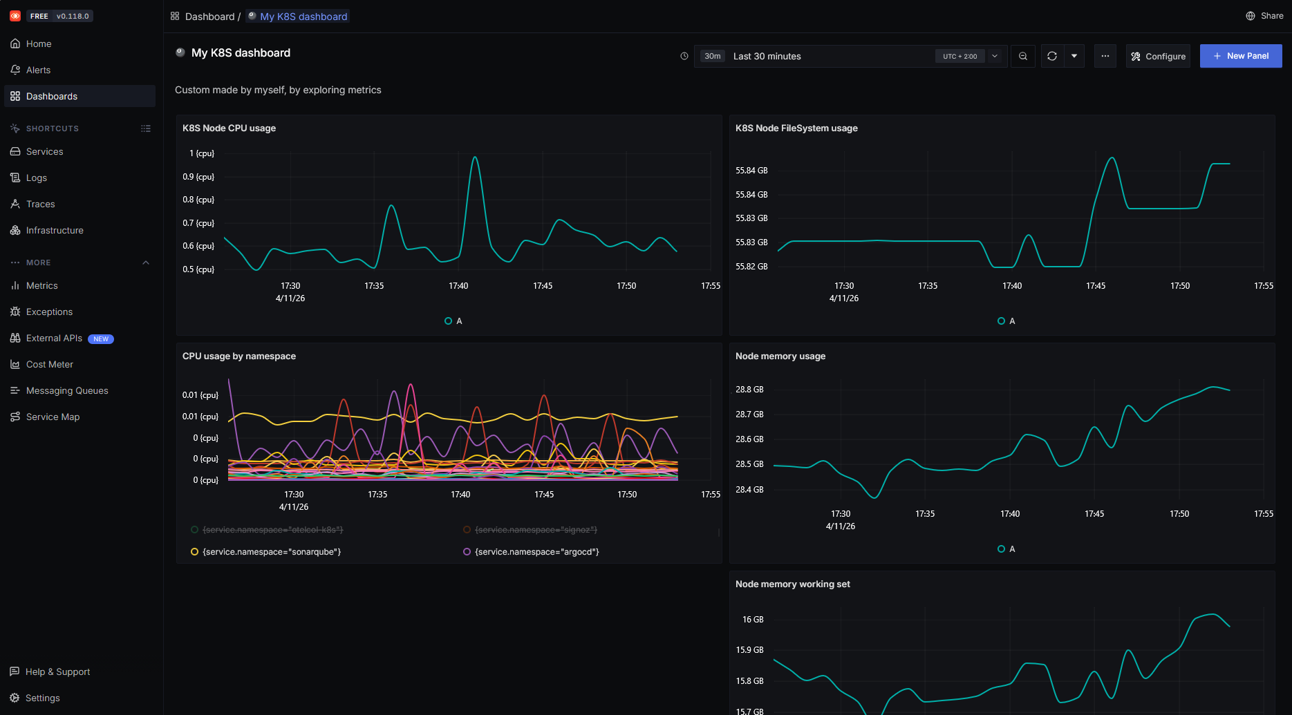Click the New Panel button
(x=1240, y=56)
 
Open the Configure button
(x=1158, y=57)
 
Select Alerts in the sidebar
(x=38, y=70)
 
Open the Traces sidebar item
(x=40, y=204)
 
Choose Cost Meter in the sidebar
(x=49, y=364)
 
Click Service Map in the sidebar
(x=53, y=417)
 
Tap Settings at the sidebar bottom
(x=42, y=698)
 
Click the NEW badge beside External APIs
(x=101, y=339)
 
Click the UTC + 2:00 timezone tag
(x=959, y=57)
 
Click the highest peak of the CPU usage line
(x=475, y=158)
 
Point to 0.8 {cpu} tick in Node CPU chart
(x=198, y=200)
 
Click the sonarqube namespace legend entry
(x=271, y=551)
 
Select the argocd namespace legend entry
(x=536, y=551)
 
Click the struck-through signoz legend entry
(x=536, y=530)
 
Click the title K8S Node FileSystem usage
(x=796, y=128)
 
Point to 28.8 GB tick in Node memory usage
(x=749, y=390)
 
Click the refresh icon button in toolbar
(x=1051, y=56)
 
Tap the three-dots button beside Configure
(x=1105, y=56)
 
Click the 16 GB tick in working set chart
(x=752, y=620)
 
